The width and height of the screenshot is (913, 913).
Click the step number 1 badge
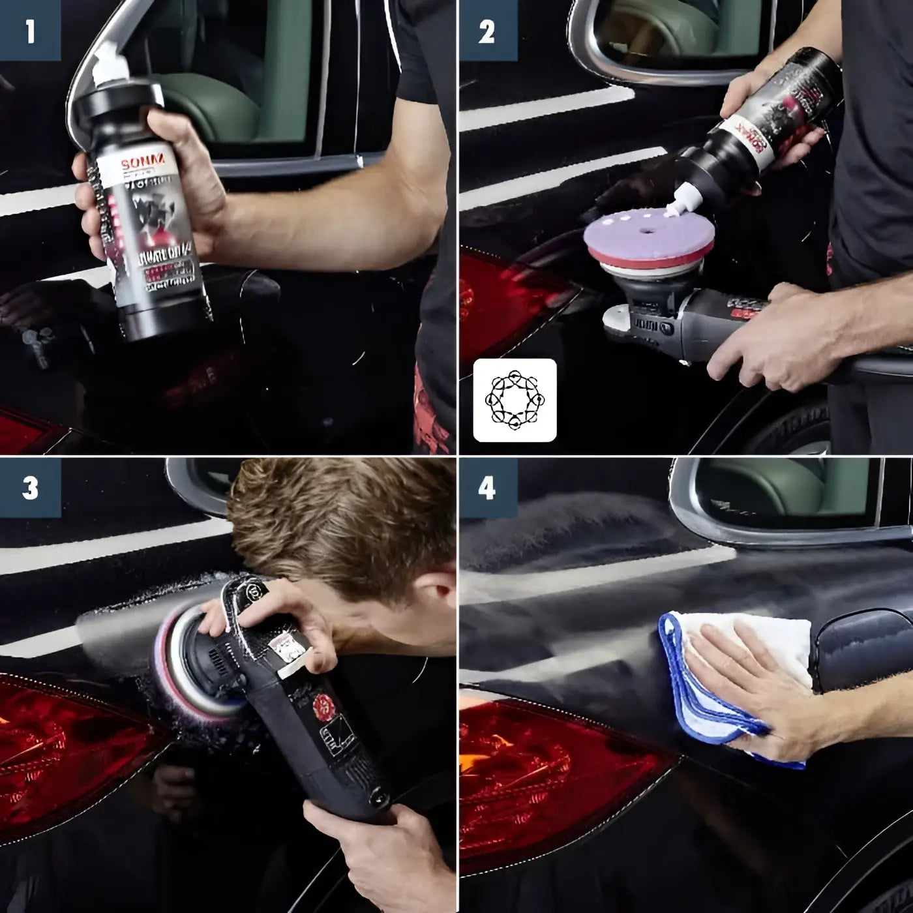click(x=30, y=31)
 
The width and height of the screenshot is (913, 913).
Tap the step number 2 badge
click(x=487, y=31)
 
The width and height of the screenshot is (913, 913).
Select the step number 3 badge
click(x=30, y=488)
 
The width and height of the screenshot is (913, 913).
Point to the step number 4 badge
click(x=487, y=488)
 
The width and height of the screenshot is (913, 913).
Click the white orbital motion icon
click(x=515, y=400)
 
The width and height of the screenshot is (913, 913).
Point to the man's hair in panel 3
click(x=339, y=515)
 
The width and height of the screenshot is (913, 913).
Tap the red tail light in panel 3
click(x=72, y=737)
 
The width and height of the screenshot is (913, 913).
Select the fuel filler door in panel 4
click(x=861, y=646)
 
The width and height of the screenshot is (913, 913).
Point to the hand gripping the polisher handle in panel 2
click(x=763, y=339)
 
